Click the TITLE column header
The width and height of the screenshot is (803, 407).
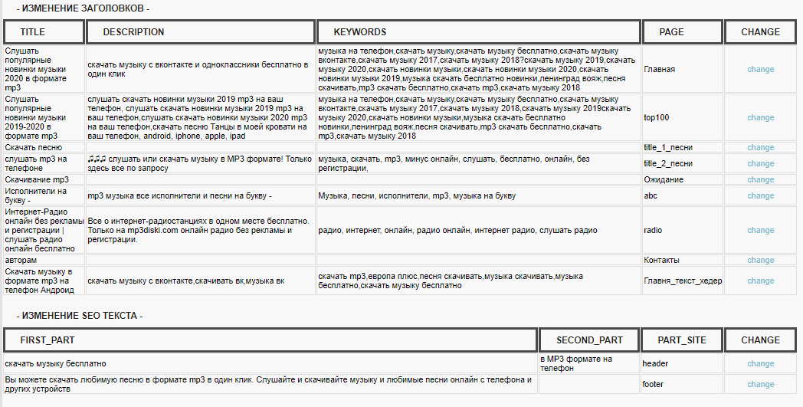coord(33,32)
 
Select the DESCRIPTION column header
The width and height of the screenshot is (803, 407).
coord(133,32)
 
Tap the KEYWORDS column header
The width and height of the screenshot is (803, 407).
coord(360,32)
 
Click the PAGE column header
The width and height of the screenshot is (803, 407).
coord(671,32)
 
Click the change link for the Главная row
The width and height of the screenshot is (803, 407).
coord(761,69)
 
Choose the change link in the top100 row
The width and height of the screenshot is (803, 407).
coord(761,117)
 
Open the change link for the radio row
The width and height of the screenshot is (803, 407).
coord(761,230)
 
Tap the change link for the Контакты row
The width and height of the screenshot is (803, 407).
coord(761,261)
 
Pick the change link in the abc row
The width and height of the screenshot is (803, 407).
coord(761,195)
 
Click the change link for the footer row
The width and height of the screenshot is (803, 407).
coord(761,384)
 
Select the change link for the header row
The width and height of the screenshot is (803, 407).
coord(761,363)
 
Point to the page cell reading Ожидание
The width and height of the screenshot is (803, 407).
coord(664,179)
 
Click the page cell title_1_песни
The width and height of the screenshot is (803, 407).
coord(668,147)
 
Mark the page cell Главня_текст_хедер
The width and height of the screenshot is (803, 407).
coord(683,281)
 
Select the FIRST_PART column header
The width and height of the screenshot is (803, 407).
coord(48,340)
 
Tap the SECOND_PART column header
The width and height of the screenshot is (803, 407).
coord(589,340)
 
